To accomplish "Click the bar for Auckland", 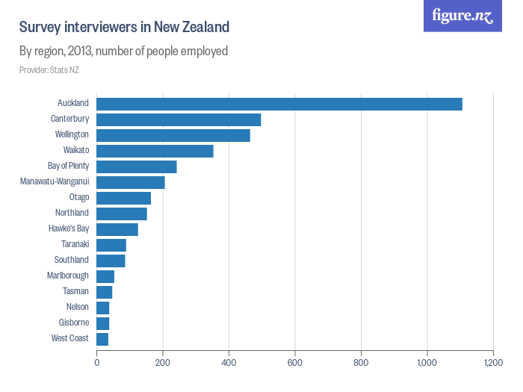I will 279,104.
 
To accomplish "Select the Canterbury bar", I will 179,119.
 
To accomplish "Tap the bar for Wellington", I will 173,135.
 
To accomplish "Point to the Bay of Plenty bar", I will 137,167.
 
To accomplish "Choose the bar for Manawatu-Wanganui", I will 131,182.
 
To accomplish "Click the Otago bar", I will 123,198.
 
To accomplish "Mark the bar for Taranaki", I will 111,245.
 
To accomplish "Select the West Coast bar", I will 102,339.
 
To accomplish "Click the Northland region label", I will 72,214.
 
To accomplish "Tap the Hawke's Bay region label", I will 69,229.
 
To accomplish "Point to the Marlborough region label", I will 68,276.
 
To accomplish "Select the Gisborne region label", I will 74,323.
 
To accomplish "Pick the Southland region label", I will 72,261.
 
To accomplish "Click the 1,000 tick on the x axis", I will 427,362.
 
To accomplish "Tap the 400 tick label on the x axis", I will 229,362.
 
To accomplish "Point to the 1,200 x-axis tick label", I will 493,362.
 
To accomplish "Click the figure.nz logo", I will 462,16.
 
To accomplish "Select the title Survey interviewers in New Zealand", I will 124,27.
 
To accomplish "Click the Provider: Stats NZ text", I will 49,70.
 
